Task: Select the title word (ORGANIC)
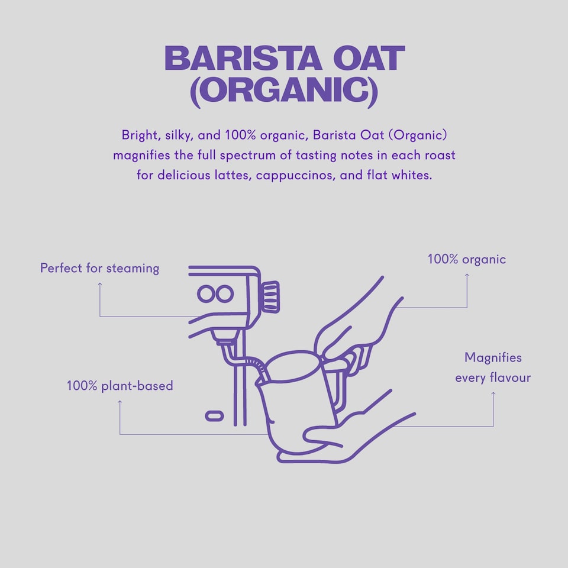click(x=283, y=92)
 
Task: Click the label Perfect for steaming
click(x=99, y=268)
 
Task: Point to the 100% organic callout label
click(x=467, y=259)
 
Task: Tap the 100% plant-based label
click(x=120, y=386)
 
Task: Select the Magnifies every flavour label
click(x=493, y=367)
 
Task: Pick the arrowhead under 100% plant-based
click(x=120, y=402)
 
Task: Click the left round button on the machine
click(x=206, y=293)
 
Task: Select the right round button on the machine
click(x=225, y=293)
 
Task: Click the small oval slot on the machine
click(x=214, y=416)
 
